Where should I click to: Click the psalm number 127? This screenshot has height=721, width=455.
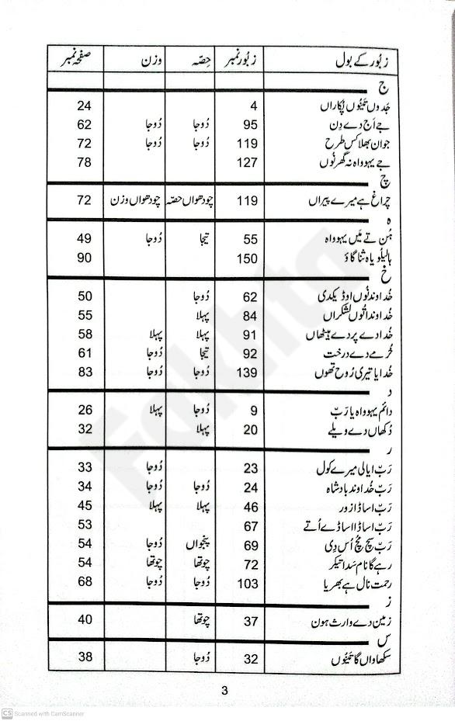click(246, 161)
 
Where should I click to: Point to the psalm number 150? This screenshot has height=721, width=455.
click(246, 258)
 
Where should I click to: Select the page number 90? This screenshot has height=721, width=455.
click(85, 258)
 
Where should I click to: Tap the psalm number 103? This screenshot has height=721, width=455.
click(246, 582)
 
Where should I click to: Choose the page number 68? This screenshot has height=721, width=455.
click(85, 582)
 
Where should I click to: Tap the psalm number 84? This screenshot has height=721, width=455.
click(249, 314)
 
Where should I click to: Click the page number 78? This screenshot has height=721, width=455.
click(85, 161)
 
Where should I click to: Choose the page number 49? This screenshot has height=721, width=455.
click(85, 240)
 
